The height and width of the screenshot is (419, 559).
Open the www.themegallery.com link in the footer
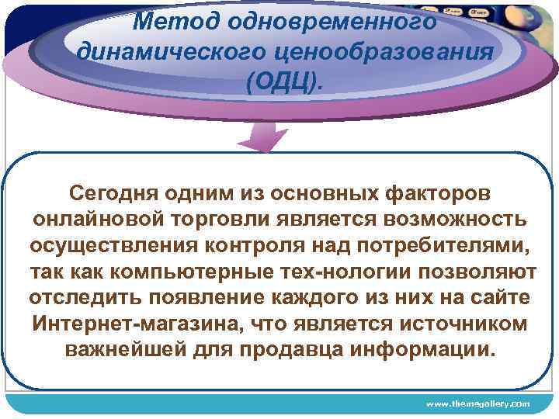coord(477,404)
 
